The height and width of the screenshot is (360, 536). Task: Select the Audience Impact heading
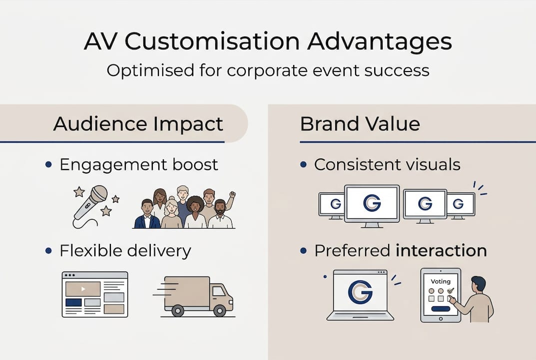138,123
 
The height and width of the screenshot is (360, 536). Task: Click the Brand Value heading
360,123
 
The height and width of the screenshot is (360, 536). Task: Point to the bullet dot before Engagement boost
48,164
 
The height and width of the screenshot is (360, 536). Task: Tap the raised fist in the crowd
232,194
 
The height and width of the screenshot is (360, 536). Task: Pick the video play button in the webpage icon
83,288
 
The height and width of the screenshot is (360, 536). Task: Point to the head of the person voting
478,284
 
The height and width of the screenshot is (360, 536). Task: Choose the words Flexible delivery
125,250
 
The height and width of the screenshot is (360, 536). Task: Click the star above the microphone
79,191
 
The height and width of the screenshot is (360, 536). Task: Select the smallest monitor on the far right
461,203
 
